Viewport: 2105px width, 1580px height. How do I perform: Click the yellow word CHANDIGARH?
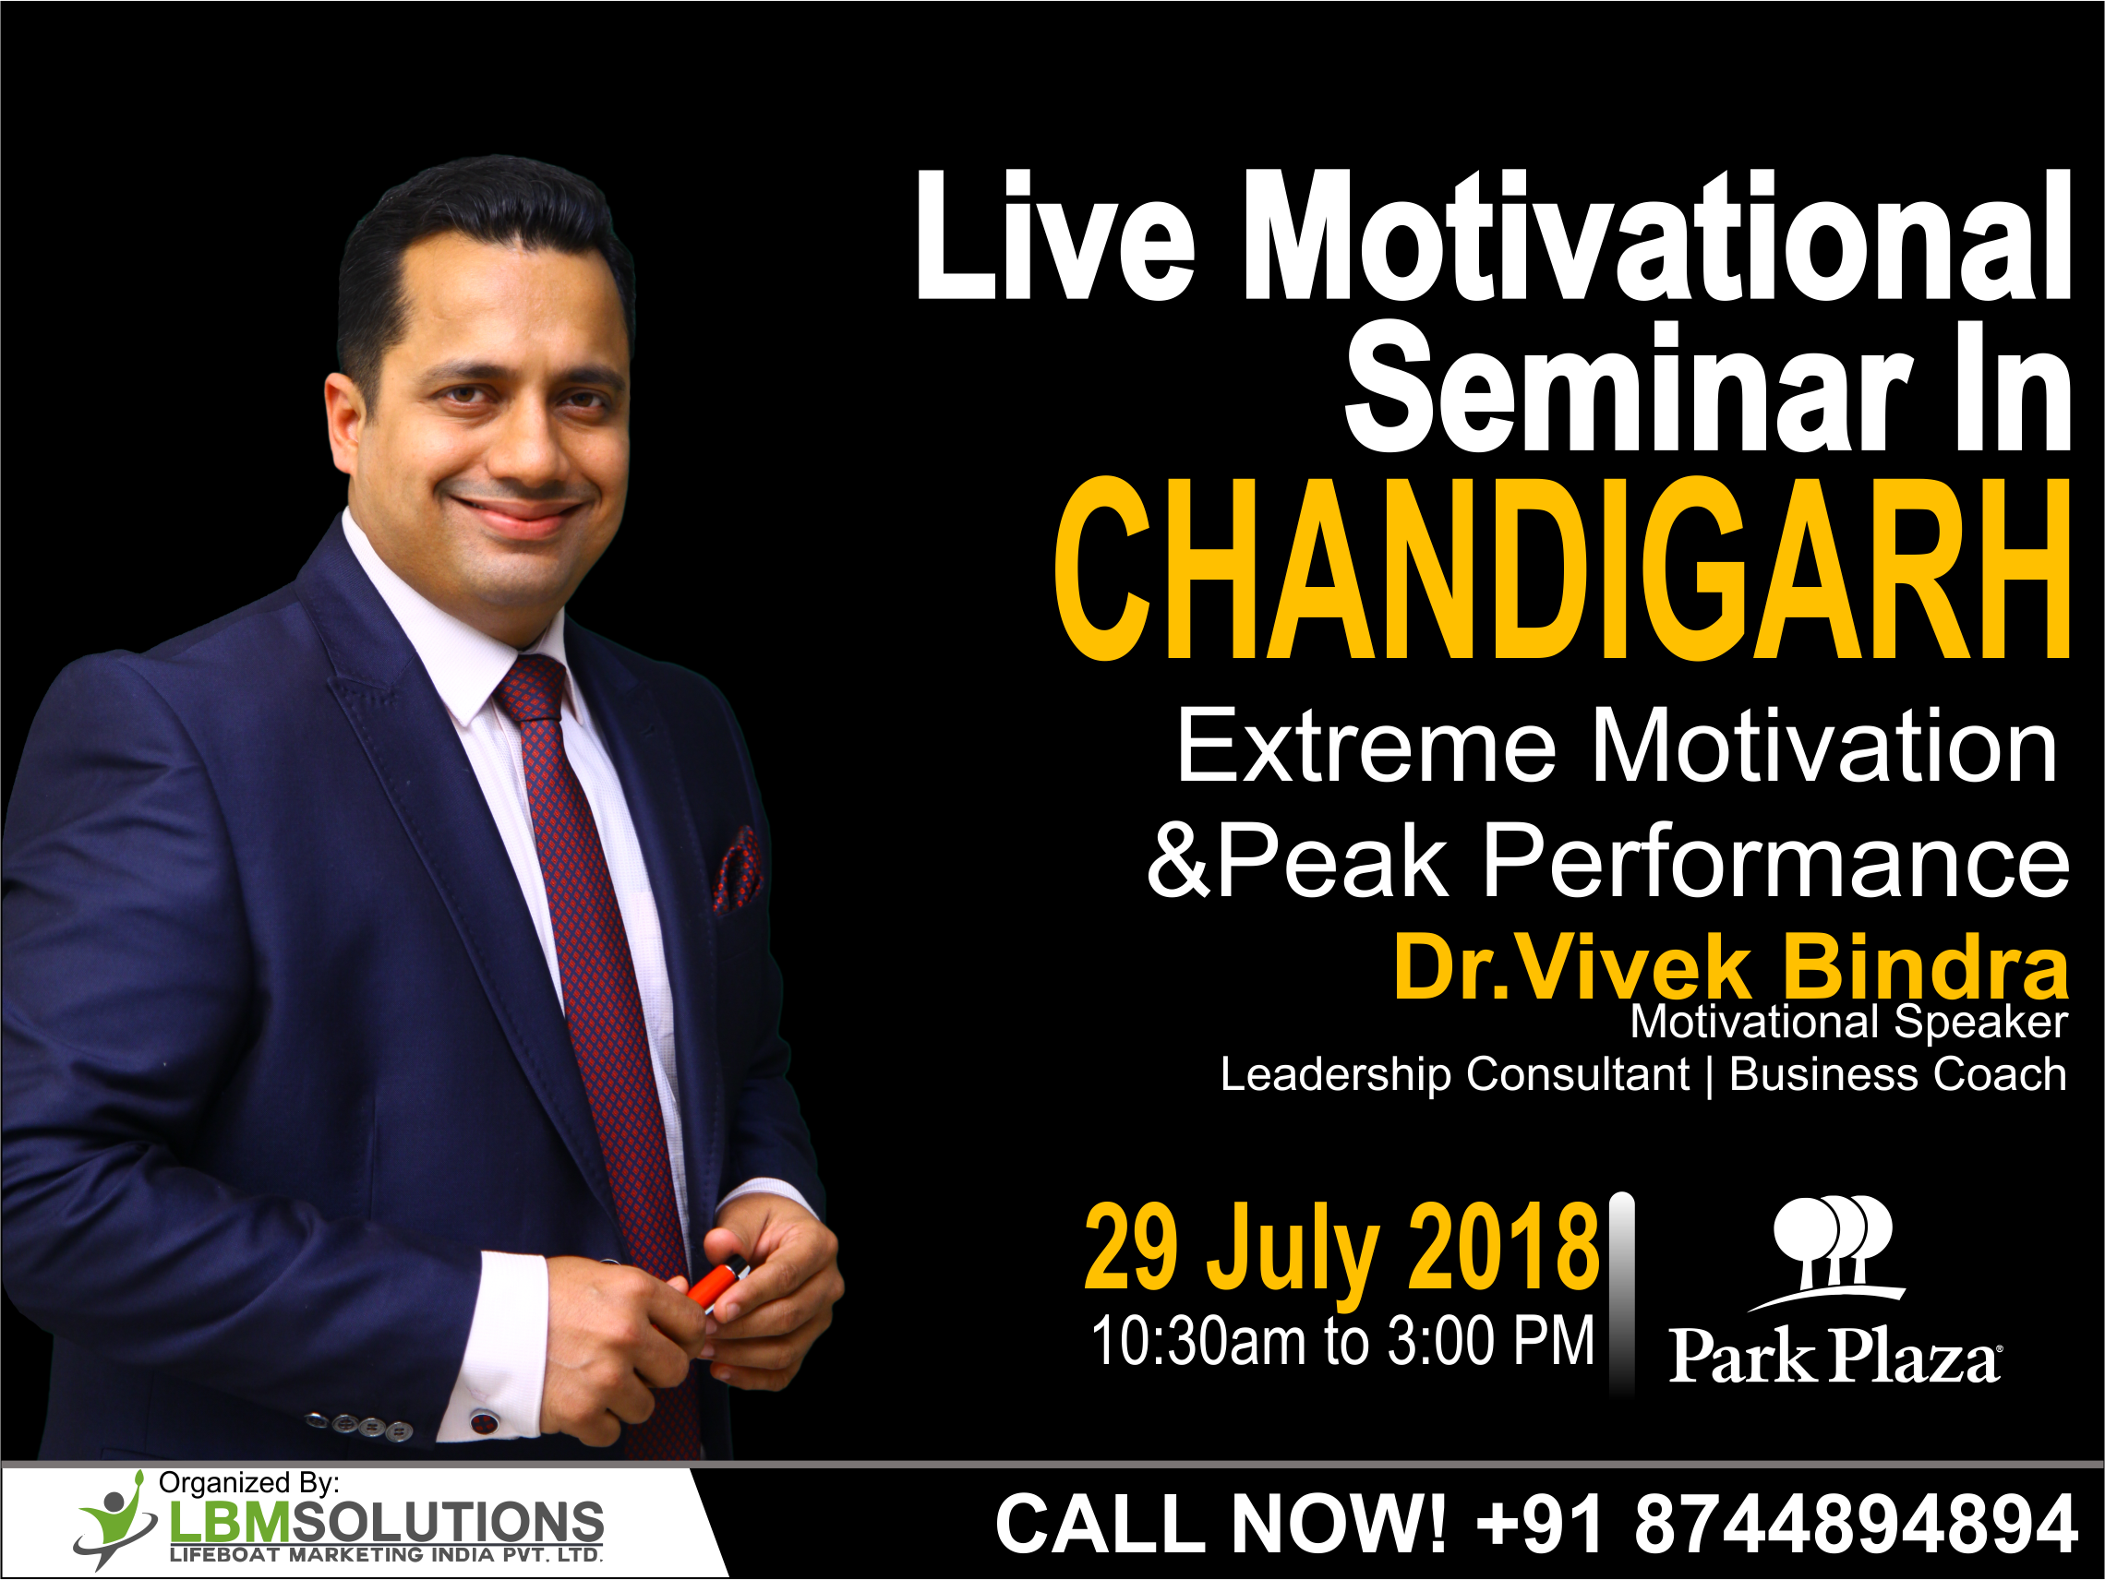point(1561,568)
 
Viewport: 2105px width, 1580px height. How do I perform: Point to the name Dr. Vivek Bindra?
point(1731,968)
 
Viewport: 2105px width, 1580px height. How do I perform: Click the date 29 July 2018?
point(1341,1247)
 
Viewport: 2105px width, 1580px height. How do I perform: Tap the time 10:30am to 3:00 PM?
point(1342,1341)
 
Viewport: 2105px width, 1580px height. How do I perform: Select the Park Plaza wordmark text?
point(1835,1355)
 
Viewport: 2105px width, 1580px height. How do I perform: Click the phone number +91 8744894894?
point(1775,1524)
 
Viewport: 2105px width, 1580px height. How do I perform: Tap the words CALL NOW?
point(1221,1524)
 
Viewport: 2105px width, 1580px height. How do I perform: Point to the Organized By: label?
point(248,1483)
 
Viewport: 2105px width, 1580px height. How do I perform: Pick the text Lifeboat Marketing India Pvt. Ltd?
point(386,1555)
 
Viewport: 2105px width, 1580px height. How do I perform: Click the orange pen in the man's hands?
point(716,1283)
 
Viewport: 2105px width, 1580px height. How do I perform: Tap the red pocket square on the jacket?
point(739,869)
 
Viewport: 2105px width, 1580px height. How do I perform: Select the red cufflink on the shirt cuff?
point(484,1423)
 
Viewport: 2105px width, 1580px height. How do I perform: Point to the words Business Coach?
point(1897,1075)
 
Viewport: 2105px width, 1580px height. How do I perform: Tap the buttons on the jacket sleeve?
point(360,1424)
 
